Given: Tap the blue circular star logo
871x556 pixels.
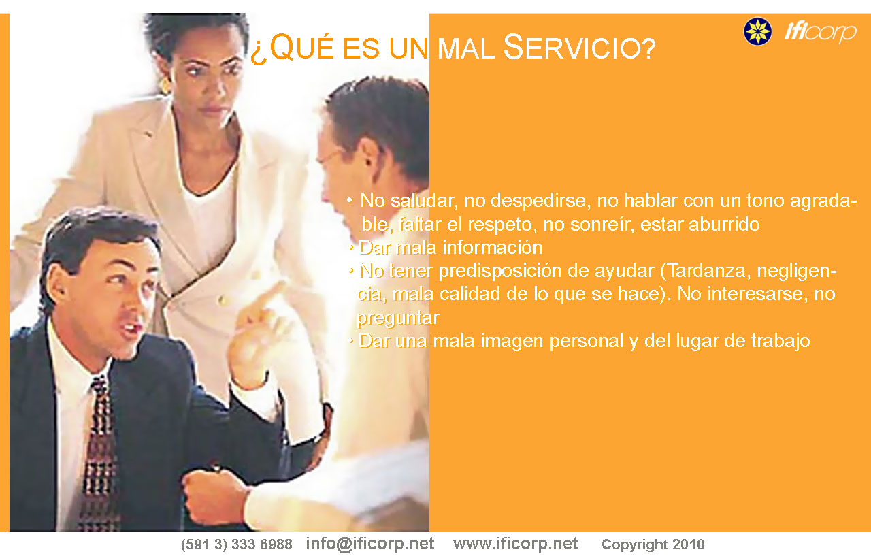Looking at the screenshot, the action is pyautogui.click(x=757, y=31).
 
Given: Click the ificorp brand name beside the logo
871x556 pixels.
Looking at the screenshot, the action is pyautogui.click(x=821, y=32).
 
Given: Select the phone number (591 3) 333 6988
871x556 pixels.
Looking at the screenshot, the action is pyautogui.click(x=236, y=544).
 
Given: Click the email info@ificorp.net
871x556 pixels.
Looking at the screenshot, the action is pyautogui.click(x=369, y=544).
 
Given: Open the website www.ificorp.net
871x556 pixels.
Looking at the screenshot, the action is pyautogui.click(x=515, y=544).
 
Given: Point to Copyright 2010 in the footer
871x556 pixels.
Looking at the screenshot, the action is pyautogui.click(x=653, y=544).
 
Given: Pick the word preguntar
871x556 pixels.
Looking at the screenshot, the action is pyautogui.click(x=398, y=318).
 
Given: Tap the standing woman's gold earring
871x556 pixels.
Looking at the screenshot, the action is pyautogui.click(x=165, y=86).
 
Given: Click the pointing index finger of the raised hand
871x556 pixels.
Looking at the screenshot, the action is pyautogui.click(x=269, y=295).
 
